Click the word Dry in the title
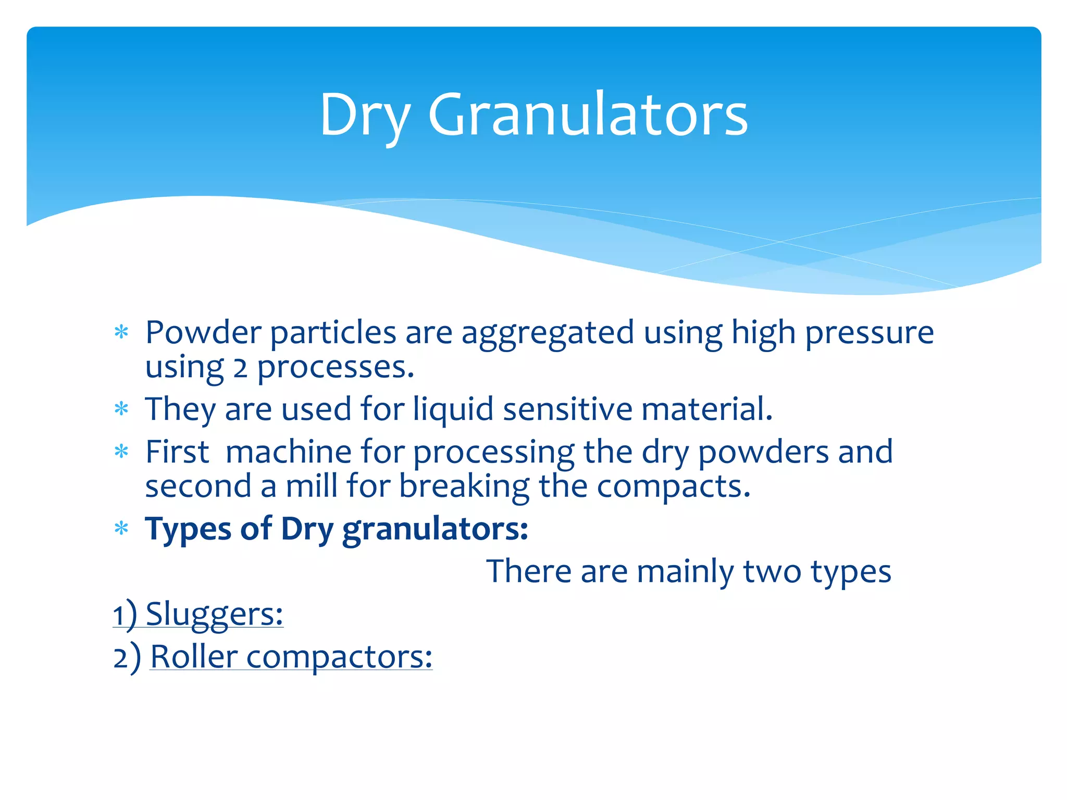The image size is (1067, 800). [365, 116]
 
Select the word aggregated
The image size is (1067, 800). [548, 333]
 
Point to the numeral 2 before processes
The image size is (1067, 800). [240, 369]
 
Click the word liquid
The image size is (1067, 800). [453, 409]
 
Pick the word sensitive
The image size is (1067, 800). [567, 409]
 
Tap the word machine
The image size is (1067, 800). [289, 452]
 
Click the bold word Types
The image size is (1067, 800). [188, 529]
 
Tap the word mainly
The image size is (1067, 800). [685, 572]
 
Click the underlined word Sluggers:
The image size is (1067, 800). [214, 615]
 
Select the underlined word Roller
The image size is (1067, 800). [194, 657]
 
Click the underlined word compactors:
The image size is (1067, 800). [339, 657]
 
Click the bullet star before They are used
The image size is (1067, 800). [121, 409]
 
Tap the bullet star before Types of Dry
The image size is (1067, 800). [121, 529]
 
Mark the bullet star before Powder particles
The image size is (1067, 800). [121, 332]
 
